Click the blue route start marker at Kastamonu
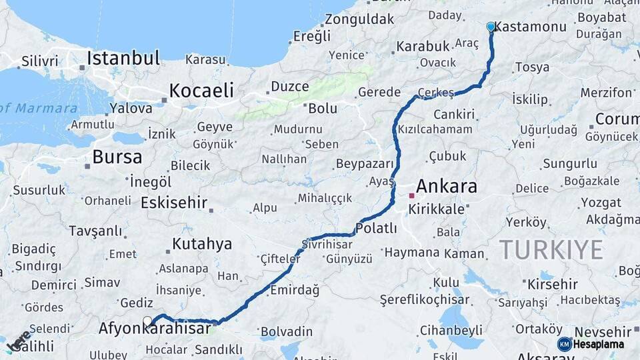point(491,27)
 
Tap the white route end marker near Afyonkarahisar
point(147,321)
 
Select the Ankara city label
point(446,186)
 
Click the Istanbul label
point(123,58)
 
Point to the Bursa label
point(117,157)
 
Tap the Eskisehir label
point(175,203)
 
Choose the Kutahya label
point(202,244)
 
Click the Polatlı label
point(377,229)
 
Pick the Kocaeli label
point(201,90)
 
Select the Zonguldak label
point(359,19)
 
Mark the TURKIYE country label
point(551,250)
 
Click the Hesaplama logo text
point(598,345)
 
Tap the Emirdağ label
point(295,290)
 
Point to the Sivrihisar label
point(327,243)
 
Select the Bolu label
point(323,108)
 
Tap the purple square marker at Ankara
point(412,195)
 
